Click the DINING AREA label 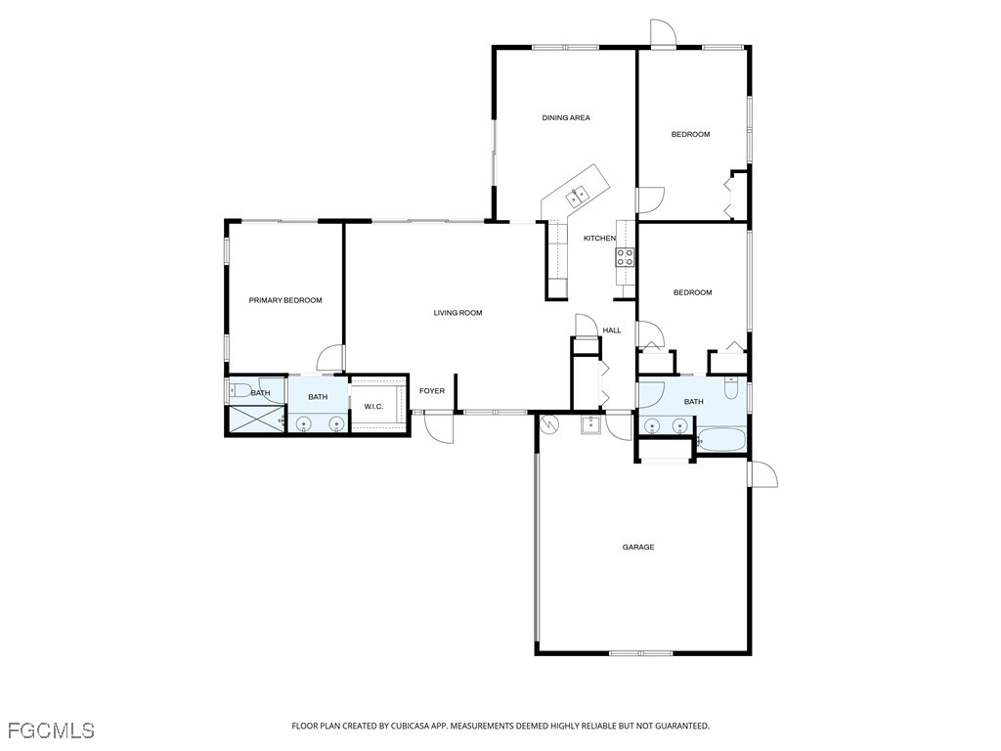pyautogui.click(x=566, y=118)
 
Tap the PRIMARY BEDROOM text pyautogui.click(x=284, y=300)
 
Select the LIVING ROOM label pyautogui.click(x=457, y=313)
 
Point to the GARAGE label pyautogui.click(x=638, y=548)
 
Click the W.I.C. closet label pyautogui.click(x=373, y=407)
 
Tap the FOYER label pyautogui.click(x=432, y=391)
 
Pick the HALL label pyautogui.click(x=612, y=331)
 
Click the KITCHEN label pyautogui.click(x=599, y=239)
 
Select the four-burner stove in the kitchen pyautogui.click(x=625, y=257)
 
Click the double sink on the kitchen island pyautogui.click(x=577, y=195)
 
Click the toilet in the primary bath pyautogui.click(x=238, y=391)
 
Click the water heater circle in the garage pyautogui.click(x=549, y=424)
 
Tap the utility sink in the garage pyautogui.click(x=589, y=424)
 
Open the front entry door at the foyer pyautogui.click(x=440, y=428)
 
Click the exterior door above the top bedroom pyautogui.click(x=664, y=34)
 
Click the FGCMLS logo pyautogui.click(x=51, y=730)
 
